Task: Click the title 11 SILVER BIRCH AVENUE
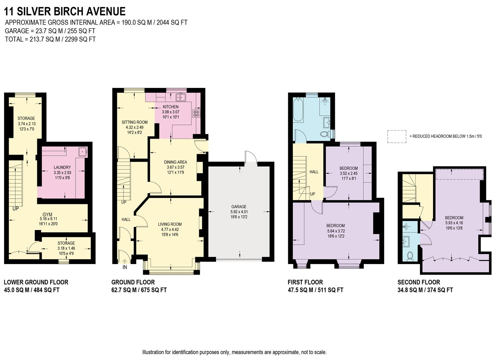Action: [x=65, y=11]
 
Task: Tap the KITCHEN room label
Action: [x=171, y=107]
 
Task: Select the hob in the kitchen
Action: [x=196, y=113]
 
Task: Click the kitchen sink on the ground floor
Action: [x=181, y=97]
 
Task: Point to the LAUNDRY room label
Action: [x=62, y=167]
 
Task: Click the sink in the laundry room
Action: [x=82, y=152]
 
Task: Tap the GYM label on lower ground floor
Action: [x=47, y=214]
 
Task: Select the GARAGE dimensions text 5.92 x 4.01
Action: [x=239, y=212]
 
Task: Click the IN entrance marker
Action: [x=125, y=267]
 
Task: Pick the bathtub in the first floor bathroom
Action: [x=298, y=110]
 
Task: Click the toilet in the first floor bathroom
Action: [x=324, y=134]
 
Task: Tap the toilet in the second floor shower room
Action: [x=410, y=256]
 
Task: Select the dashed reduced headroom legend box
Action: [x=397, y=136]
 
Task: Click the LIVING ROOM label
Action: [x=170, y=224]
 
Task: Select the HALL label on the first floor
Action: [x=314, y=172]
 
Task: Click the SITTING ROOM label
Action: [x=135, y=122]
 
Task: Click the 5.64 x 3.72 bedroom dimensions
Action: [x=335, y=231]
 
